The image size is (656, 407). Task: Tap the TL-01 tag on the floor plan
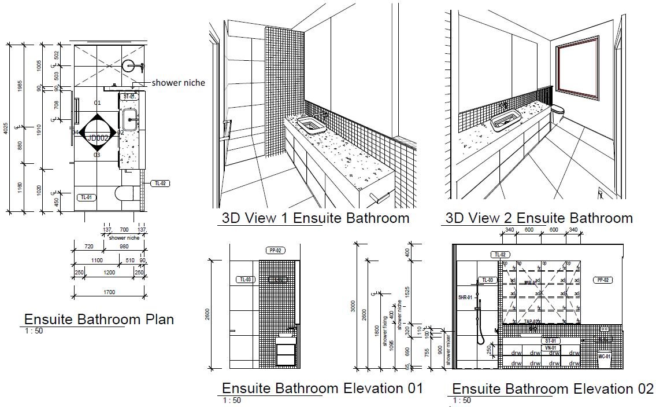tap(86, 197)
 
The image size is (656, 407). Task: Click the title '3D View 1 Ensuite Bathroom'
tap(316, 218)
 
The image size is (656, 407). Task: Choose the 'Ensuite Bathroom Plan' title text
tap(99, 319)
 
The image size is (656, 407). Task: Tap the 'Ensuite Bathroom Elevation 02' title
tap(552, 388)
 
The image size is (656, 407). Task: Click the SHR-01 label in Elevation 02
tap(466, 298)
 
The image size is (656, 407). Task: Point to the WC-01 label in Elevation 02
tap(604, 357)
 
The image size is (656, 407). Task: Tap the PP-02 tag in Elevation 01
tap(275, 251)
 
